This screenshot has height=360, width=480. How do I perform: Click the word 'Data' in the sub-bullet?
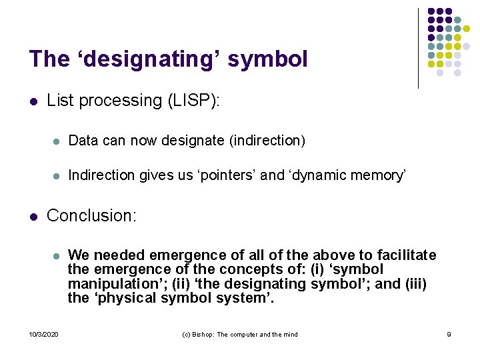tap(83, 141)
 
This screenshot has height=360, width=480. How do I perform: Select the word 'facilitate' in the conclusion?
tap(405, 255)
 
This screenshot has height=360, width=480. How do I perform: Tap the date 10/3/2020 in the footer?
tap(43, 334)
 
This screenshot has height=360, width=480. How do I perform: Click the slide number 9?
tap(449, 334)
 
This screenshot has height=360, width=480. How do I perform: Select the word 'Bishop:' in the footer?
tap(205, 334)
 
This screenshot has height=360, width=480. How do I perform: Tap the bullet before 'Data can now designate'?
tap(57, 141)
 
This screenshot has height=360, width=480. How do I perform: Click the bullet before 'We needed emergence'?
tap(57, 256)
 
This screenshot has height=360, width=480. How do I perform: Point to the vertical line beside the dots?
tap(418, 48)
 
